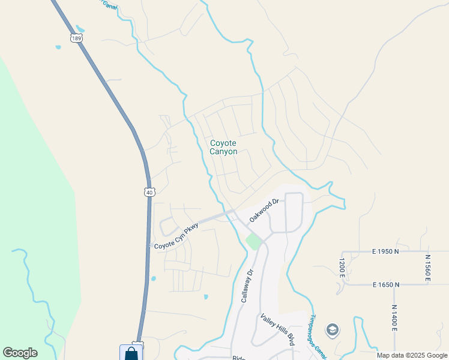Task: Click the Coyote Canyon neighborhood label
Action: point(223,147)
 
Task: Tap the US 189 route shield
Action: point(76,38)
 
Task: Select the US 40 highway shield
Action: point(149,191)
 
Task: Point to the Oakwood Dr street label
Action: point(265,210)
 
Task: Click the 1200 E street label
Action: point(341,268)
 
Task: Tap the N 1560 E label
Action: point(428,266)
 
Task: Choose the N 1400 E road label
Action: point(394,317)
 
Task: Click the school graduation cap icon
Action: point(332,329)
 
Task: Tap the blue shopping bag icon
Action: point(131,353)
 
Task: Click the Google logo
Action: point(20,353)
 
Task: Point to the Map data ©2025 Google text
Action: point(412,355)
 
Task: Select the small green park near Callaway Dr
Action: point(254,242)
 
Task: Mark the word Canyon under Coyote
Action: point(223,152)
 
